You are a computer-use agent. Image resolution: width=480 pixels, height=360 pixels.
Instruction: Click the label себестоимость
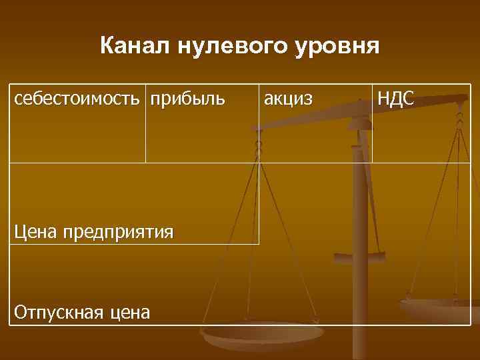tap(77, 100)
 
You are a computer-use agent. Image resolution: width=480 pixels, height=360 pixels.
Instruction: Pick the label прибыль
tap(187, 101)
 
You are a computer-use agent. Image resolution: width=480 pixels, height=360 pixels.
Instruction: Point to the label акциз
tap(288, 101)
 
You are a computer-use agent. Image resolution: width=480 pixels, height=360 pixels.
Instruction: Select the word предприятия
tap(119, 233)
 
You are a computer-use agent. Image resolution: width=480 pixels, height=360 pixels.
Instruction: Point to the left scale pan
tap(260, 337)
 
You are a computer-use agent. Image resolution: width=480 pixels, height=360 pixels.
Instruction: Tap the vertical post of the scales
tap(360, 220)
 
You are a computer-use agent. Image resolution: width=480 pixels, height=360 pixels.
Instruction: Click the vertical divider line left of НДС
tap(372, 127)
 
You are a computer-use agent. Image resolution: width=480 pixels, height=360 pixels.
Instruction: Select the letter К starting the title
tap(107, 47)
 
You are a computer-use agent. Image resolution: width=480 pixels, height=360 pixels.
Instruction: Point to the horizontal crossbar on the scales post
tap(359, 255)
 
